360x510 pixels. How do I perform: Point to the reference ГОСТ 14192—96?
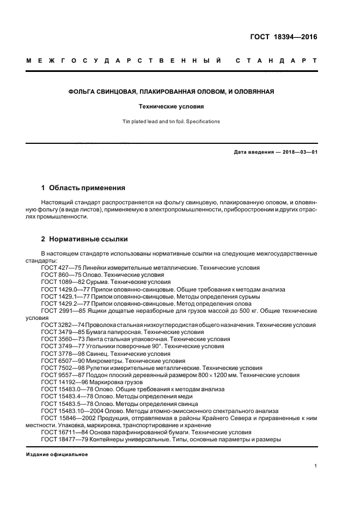tap(63, 382)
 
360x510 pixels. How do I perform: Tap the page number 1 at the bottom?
tap(316, 466)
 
